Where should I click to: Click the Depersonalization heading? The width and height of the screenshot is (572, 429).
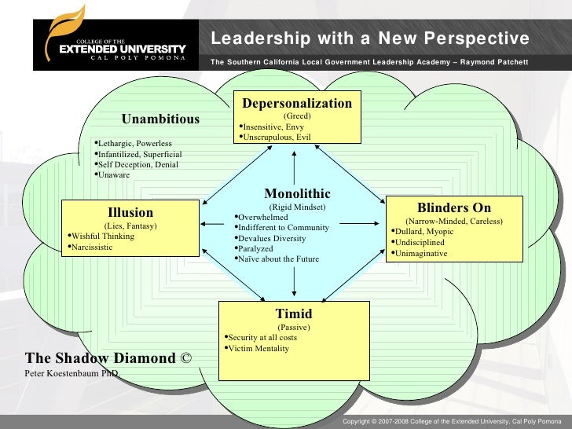tap(297, 104)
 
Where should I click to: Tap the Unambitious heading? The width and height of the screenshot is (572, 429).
tap(160, 119)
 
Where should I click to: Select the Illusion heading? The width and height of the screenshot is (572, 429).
tap(130, 212)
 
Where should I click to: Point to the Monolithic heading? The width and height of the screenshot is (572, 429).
tap(297, 193)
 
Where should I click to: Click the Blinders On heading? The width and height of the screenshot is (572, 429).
tap(453, 208)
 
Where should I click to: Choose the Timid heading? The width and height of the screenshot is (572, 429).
tap(294, 313)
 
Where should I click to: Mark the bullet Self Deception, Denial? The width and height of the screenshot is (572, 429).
tap(137, 164)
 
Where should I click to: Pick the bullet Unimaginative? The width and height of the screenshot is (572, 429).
tap(420, 254)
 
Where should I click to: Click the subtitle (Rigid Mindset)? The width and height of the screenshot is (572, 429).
tap(297, 207)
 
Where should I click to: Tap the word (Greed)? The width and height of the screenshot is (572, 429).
tap(297, 115)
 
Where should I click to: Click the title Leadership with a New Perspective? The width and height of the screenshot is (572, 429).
tap(369, 39)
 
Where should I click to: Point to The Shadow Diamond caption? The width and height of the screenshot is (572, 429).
tap(108, 358)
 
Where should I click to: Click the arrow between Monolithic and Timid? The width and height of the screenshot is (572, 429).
tap(294, 280)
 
